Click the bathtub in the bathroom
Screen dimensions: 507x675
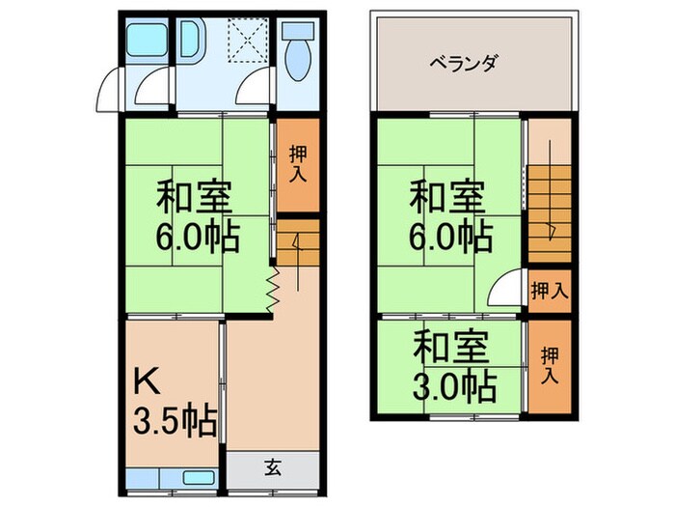pyautogui.click(x=148, y=42)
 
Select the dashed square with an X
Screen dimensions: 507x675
pyautogui.click(x=246, y=41)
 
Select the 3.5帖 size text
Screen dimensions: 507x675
pyautogui.click(x=174, y=422)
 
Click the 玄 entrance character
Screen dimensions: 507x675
pyautogui.click(x=273, y=469)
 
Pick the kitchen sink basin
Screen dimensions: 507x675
pyautogui.click(x=199, y=477)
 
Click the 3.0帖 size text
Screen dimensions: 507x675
pyautogui.click(x=454, y=386)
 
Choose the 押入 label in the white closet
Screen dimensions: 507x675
pyautogui.click(x=549, y=289)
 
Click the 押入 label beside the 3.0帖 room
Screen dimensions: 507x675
pyautogui.click(x=549, y=363)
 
